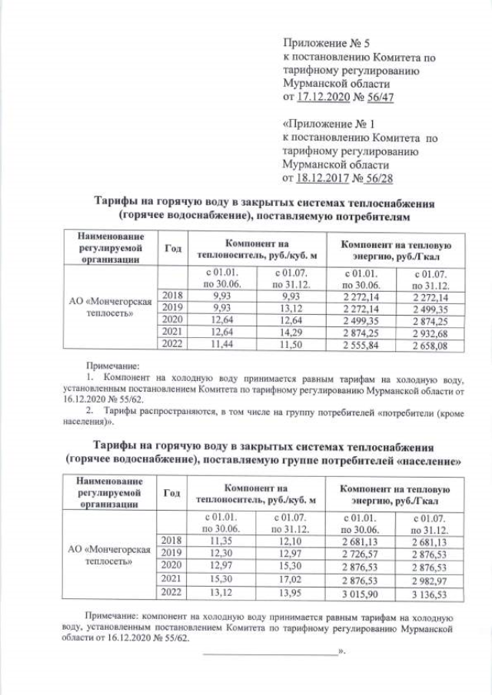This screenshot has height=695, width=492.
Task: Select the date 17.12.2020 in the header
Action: (321, 98)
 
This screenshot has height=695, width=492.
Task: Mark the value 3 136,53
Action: (429, 592)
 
